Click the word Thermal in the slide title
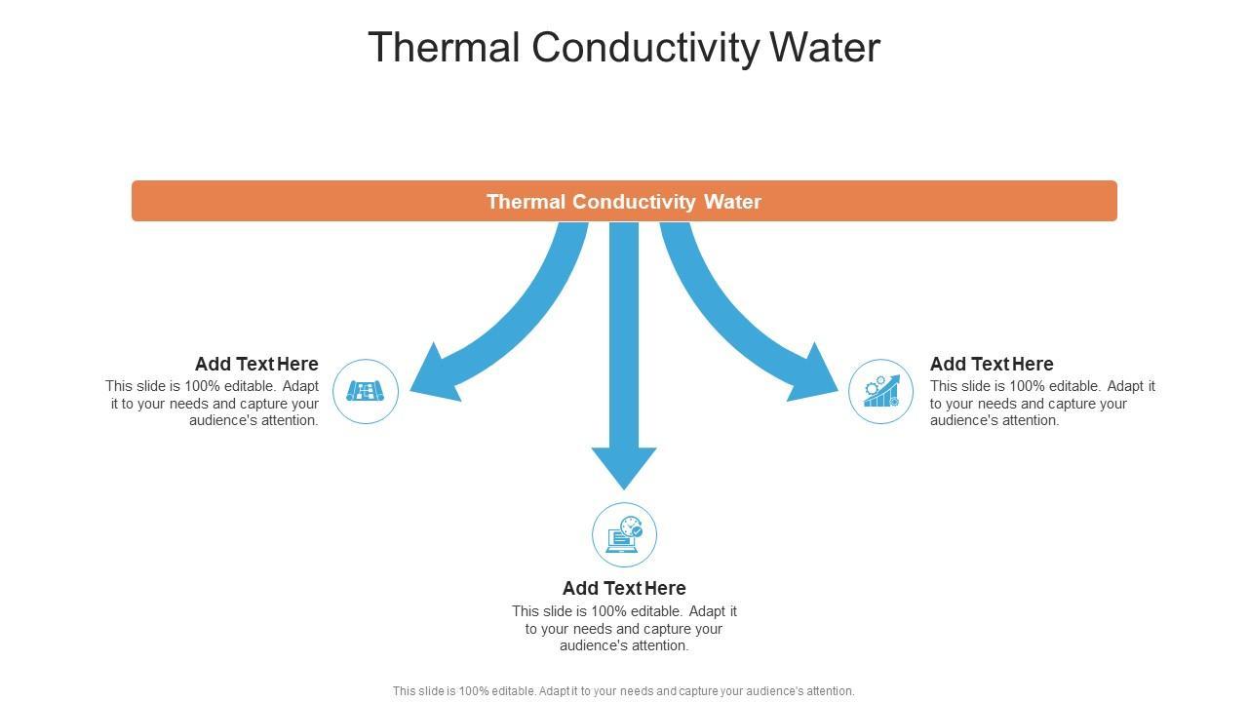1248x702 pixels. pos(444,48)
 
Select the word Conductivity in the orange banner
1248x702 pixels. pos(635,202)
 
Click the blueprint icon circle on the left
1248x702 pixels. pos(366,391)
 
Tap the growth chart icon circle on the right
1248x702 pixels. pos(880,391)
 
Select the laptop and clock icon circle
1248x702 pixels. pos(624,534)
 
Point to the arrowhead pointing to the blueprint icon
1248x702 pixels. pos(429,380)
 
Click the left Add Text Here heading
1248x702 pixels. pos(256,364)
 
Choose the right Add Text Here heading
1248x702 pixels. pos(992,364)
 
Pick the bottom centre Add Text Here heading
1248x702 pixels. pos(624,588)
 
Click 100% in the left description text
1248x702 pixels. pos(203,386)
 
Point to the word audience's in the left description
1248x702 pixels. pos(223,420)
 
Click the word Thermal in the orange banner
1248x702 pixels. pos(526,202)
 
